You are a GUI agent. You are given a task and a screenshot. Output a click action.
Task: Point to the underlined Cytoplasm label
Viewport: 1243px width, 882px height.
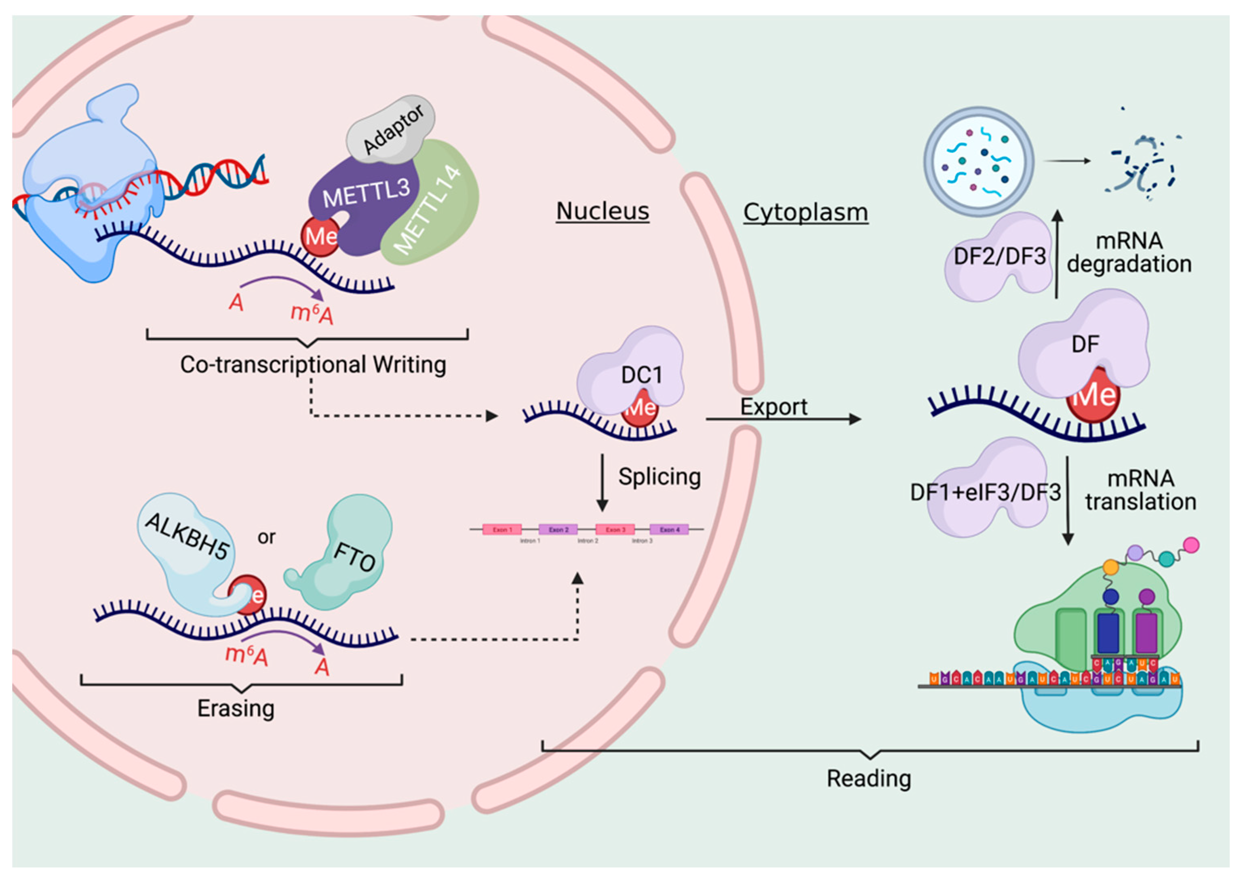[x=805, y=213]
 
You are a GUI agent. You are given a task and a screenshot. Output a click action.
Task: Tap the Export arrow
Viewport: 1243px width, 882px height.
[x=782, y=419]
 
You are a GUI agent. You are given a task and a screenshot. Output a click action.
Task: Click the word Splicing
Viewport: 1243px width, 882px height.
[x=659, y=477]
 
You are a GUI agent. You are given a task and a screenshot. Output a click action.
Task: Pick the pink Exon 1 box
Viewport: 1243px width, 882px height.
[x=502, y=529]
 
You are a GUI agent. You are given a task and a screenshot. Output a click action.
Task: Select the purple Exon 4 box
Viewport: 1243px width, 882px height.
[x=669, y=529]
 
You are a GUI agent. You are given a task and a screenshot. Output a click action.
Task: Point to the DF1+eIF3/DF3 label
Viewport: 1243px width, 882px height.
[x=985, y=493]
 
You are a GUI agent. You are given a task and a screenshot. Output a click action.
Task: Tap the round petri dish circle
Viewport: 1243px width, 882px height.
[x=979, y=161]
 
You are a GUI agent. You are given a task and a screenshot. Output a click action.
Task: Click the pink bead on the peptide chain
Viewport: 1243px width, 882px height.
[x=1191, y=545]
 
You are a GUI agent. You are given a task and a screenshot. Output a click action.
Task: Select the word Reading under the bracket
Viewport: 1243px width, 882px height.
[x=868, y=779]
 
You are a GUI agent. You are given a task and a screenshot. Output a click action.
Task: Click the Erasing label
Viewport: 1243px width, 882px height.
[x=236, y=709]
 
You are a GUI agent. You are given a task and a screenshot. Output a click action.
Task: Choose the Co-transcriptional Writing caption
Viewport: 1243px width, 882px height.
[x=313, y=364]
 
